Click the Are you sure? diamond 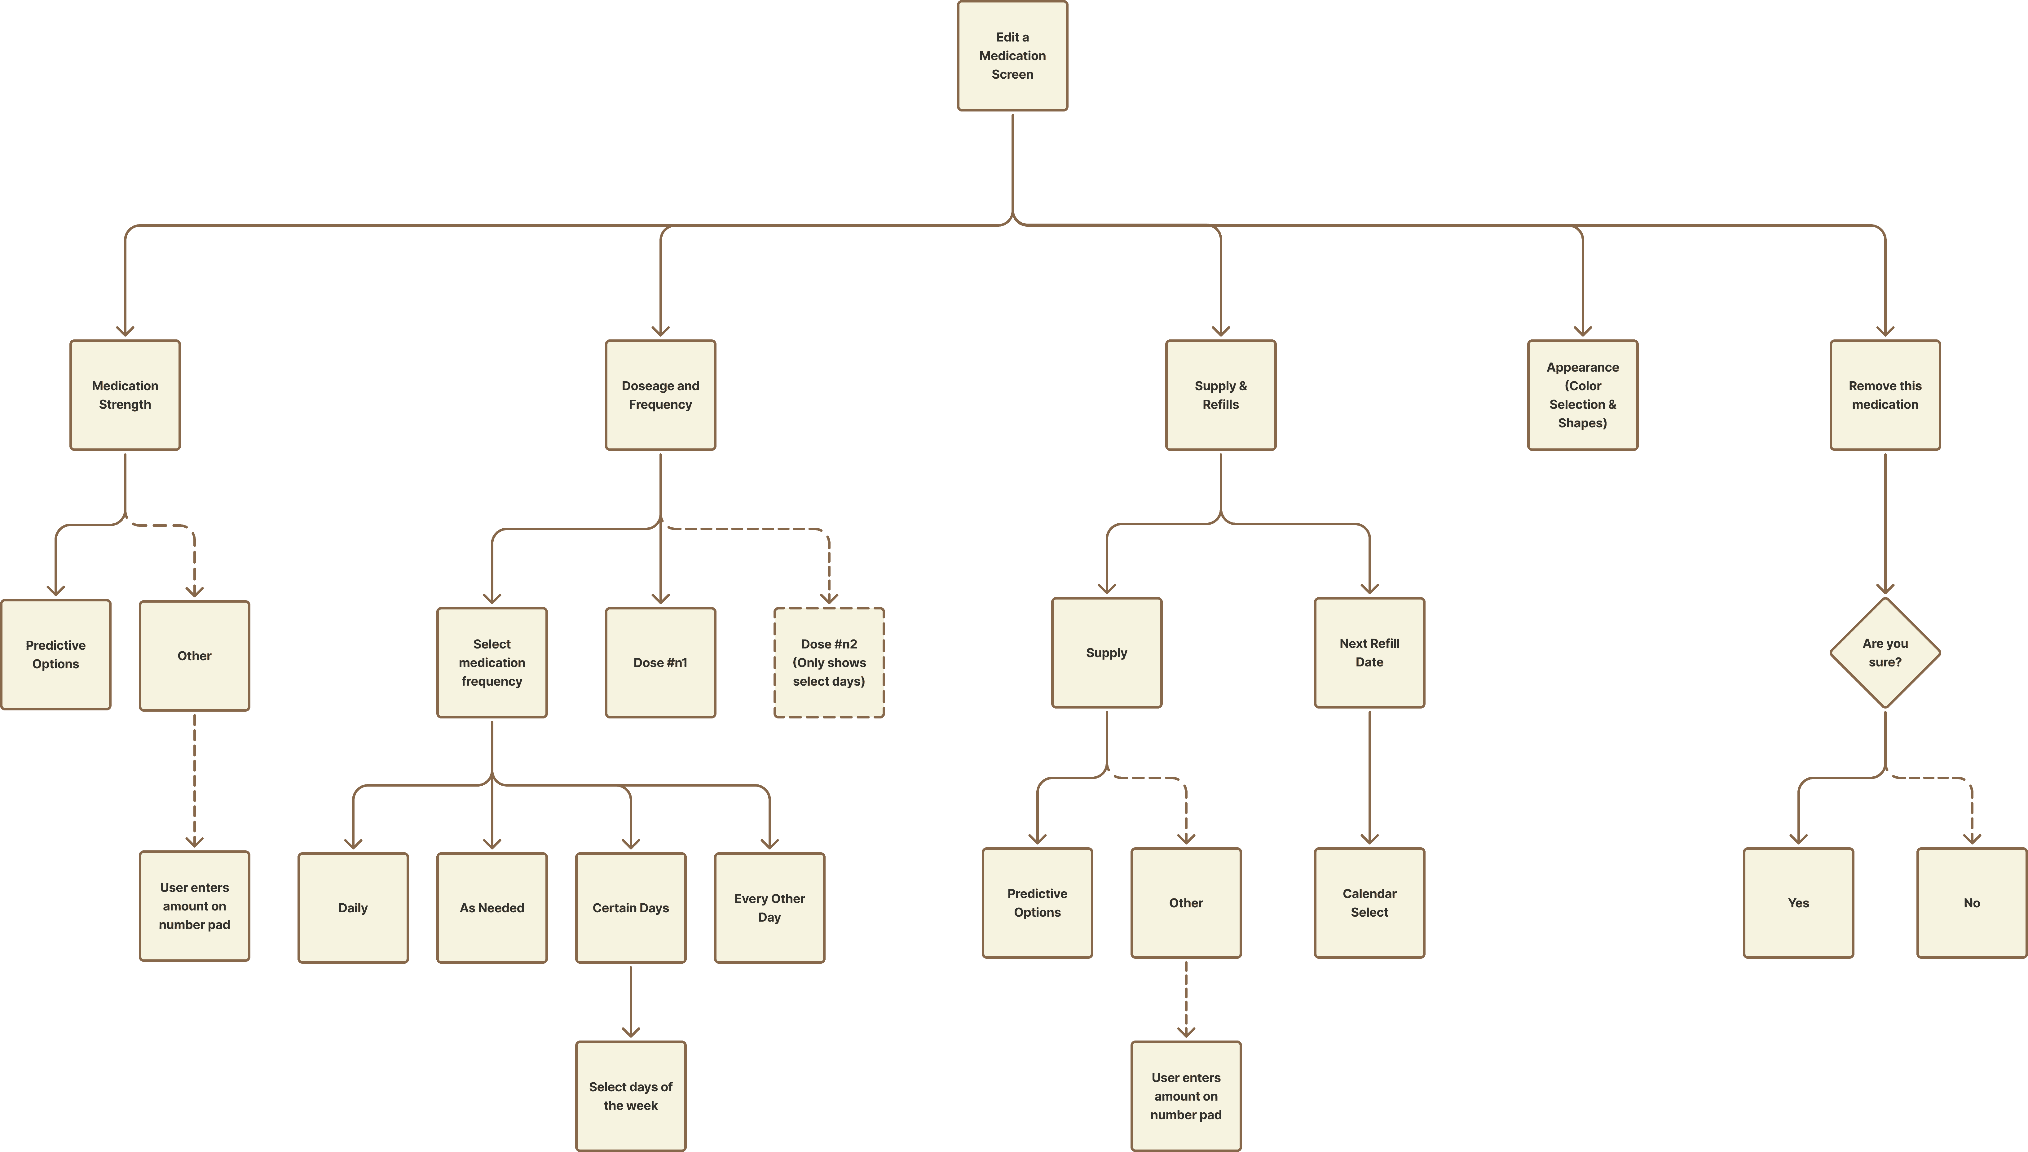[x=1885, y=653]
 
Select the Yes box [x=1798, y=903]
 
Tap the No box [x=1971, y=903]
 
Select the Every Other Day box [x=769, y=908]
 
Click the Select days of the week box [x=631, y=1096]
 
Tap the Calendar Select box [x=1369, y=903]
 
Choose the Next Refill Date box [x=1369, y=653]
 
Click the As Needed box [x=492, y=908]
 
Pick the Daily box [x=353, y=908]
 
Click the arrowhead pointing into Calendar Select [x=1369, y=840]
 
